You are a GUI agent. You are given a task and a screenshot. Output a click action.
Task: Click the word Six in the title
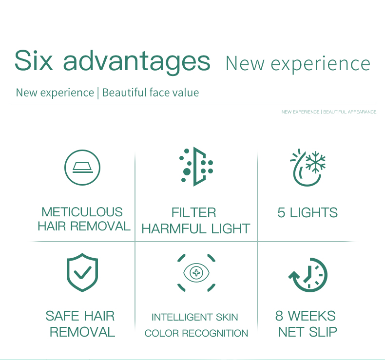34,60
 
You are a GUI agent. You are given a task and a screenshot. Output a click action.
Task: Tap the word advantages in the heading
137,62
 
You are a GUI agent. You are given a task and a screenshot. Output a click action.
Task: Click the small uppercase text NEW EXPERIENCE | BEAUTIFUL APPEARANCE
329,112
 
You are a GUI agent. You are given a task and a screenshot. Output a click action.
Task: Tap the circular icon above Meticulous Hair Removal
82,168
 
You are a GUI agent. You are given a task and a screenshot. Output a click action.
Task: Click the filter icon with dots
195,167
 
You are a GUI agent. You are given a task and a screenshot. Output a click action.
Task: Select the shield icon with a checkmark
82,272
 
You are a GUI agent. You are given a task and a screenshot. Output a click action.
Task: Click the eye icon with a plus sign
196,273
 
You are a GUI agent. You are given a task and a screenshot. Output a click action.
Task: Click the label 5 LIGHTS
308,213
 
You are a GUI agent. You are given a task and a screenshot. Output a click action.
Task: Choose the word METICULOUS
82,212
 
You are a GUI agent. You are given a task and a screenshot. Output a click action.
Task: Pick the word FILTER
193,213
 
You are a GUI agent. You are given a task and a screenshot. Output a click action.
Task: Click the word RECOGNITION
217,334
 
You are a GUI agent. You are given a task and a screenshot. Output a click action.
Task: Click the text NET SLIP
308,332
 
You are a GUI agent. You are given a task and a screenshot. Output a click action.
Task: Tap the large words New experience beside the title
298,64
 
